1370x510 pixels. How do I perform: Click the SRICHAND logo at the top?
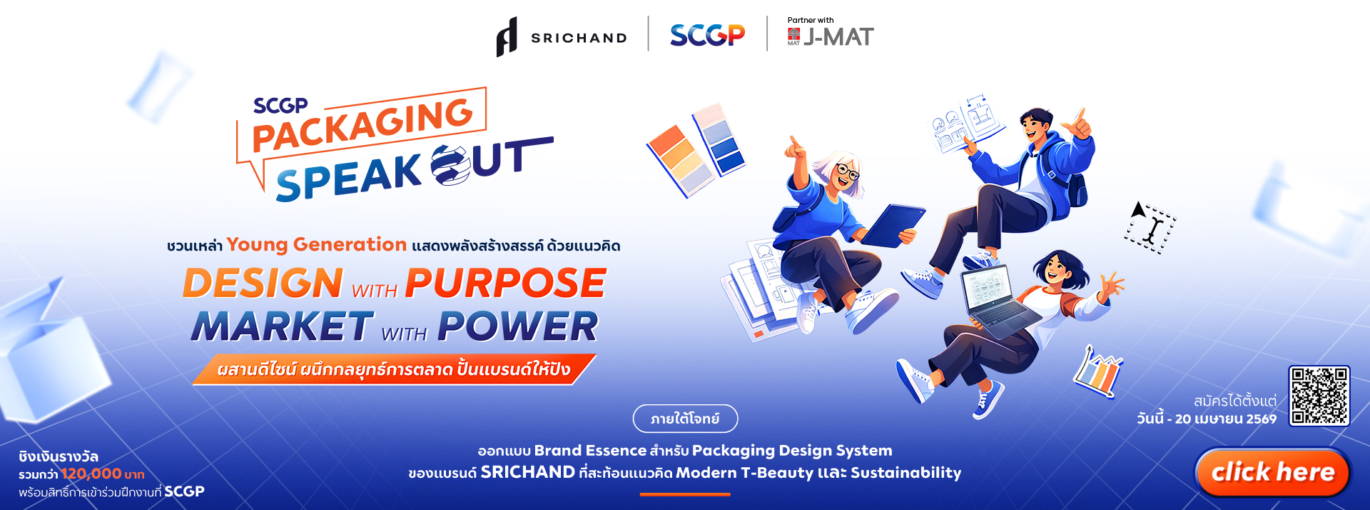pos(562,36)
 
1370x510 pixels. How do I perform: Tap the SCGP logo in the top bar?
pos(707,34)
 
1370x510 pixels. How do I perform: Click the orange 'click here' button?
pos(1273,472)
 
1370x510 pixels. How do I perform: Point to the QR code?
pos(1319,396)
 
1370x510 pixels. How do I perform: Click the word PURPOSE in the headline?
pos(506,283)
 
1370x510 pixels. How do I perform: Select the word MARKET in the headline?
pos(283,326)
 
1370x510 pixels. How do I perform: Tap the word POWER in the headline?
pos(518,326)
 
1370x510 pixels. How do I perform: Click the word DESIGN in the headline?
pos(263,283)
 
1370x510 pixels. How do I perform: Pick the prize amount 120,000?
pos(91,474)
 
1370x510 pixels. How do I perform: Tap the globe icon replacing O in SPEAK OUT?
pos(451,165)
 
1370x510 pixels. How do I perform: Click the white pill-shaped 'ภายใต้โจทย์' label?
pos(685,419)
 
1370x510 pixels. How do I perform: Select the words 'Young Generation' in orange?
pos(317,244)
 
